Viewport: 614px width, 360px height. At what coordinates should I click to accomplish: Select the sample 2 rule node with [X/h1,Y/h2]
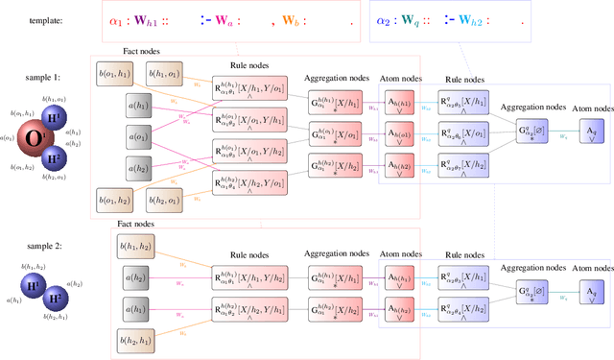tap(251, 308)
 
